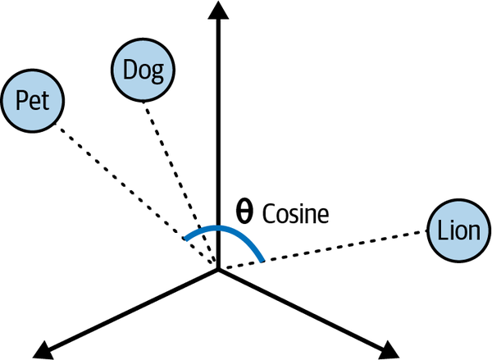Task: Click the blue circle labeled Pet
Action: pyautogui.click(x=33, y=102)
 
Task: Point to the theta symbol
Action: pyautogui.click(x=245, y=213)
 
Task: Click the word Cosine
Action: pyautogui.click(x=295, y=215)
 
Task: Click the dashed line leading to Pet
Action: pyautogui.click(x=131, y=192)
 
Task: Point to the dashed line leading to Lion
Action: pyautogui.click(x=328, y=248)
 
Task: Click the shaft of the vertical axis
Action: pyautogui.click(x=219, y=123)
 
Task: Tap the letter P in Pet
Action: pyautogui.click(x=23, y=102)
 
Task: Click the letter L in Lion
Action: pyautogui.click(x=442, y=231)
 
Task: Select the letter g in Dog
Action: pyautogui.click(x=157, y=72)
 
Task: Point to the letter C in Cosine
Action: pyautogui.click(x=269, y=215)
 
